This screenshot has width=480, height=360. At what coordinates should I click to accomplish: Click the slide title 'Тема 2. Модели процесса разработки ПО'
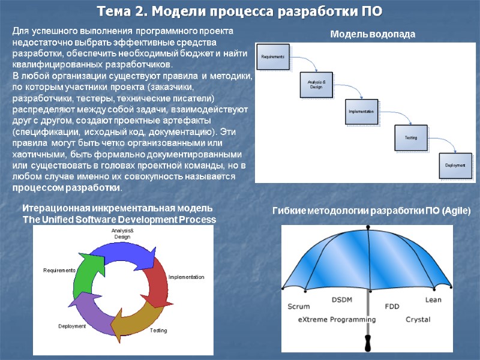[x=240, y=11]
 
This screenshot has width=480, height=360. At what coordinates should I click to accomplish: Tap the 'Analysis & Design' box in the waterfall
[x=316, y=85]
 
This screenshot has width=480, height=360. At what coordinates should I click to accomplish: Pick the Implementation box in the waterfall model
[x=361, y=112]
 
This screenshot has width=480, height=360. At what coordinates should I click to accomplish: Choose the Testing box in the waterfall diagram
[x=410, y=138]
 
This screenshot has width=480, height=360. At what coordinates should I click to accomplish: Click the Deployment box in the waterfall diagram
[x=454, y=165]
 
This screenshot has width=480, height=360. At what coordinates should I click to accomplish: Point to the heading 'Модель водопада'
[x=373, y=35]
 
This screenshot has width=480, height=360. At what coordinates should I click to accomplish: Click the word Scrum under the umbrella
[x=299, y=306]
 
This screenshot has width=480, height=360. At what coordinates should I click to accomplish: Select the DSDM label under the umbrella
[x=343, y=299]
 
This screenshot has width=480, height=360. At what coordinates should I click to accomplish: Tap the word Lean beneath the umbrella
[x=433, y=299]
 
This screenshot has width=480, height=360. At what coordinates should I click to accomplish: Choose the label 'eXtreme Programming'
[x=336, y=319]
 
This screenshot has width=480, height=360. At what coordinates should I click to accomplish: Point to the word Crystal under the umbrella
[x=418, y=319]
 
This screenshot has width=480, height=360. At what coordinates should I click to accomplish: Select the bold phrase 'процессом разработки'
[x=66, y=188]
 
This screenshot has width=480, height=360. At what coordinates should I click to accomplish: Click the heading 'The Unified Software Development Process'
[x=119, y=220]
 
